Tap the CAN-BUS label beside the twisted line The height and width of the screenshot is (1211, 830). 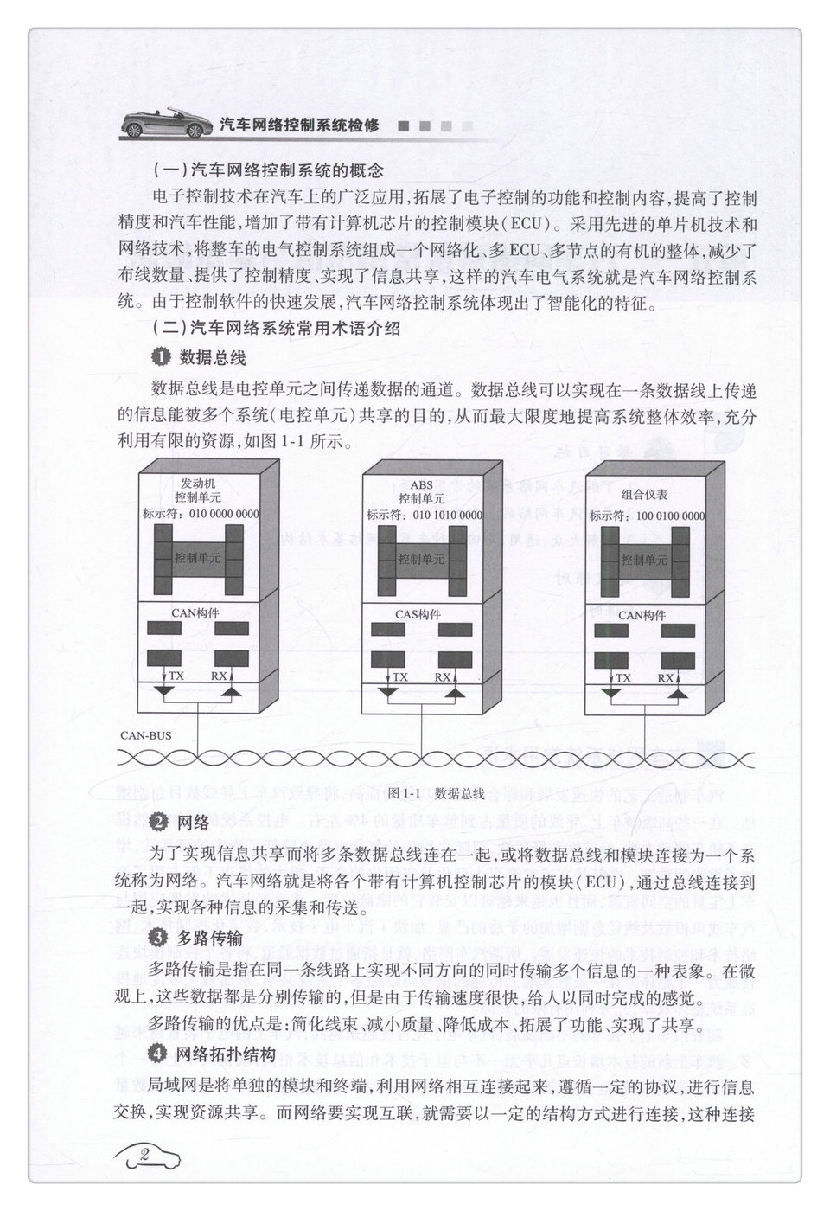[x=145, y=735]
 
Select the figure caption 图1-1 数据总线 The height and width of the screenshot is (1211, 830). [x=436, y=793]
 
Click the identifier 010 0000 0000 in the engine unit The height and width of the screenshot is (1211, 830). [x=224, y=514]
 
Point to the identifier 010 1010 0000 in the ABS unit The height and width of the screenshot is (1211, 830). [x=447, y=515]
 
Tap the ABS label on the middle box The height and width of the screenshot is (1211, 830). [x=421, y=484]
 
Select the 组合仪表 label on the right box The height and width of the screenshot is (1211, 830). [x=644, y=494]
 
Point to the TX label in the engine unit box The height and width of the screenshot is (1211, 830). [x=176, y=676]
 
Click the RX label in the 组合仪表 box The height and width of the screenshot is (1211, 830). [x=666, y=677]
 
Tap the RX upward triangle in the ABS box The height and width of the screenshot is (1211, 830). [x=454, y=692]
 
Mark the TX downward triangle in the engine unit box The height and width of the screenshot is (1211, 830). [x=163, y=691]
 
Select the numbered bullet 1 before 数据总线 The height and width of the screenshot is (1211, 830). [x=160, y=357]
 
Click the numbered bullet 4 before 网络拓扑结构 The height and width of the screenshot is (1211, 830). [x=157, y=1053]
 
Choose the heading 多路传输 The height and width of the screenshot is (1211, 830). [x=209, y=939]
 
